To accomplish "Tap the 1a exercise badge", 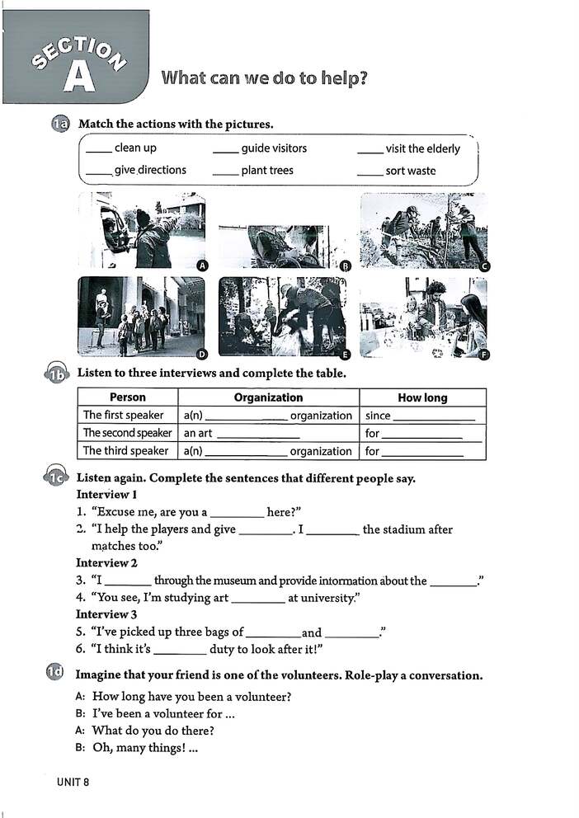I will pos(60,125).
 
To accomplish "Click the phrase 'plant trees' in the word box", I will pos(267,171).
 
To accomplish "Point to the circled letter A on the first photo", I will pos(201,265).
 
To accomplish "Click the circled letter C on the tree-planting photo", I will pos(485,266).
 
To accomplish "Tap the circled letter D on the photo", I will pos(201,353).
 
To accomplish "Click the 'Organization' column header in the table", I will pos(268,397).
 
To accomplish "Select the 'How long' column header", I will pos(422,397).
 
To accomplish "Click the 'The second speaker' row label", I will pos(127,433).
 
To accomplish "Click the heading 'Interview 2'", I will pos(107,563).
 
